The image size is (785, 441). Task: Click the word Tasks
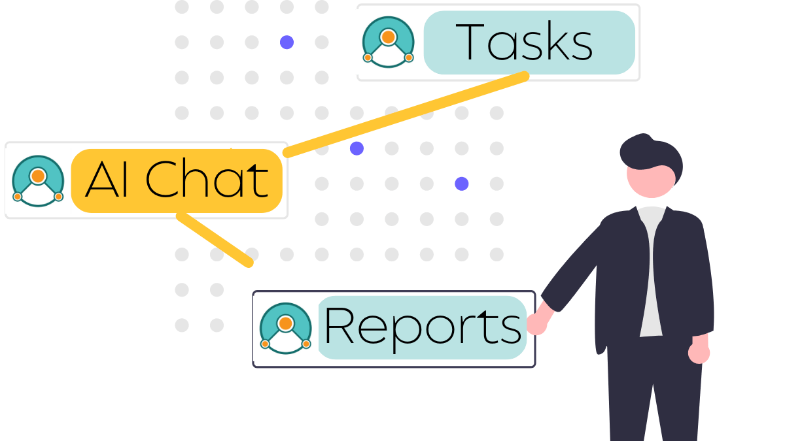[x=524, y=42]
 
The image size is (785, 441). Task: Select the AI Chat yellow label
[x=177, y=180]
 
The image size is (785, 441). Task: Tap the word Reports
[x=423, y=327]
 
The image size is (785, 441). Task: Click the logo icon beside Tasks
[x=389, y=42]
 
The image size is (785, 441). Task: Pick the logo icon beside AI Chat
[x=38, y=181]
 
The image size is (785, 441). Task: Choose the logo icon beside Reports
[x=286, y=328]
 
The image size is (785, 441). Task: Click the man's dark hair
[x=651, y=154]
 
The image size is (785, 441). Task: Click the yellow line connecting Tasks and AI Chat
[x=406, y=114]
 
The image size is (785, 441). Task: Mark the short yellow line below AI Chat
[x=215, y=240]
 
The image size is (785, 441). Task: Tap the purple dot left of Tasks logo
[x=287, y=42]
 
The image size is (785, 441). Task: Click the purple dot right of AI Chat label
[x=357, y=148]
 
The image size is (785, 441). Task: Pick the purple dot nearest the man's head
[x=462, y=184]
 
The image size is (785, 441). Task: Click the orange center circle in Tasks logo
[x=389, y=37]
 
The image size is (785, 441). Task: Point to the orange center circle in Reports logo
[x=286, y=323]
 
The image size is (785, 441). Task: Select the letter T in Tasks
[x=470, y=42]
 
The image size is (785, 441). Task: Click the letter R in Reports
[x=339, y=325]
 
